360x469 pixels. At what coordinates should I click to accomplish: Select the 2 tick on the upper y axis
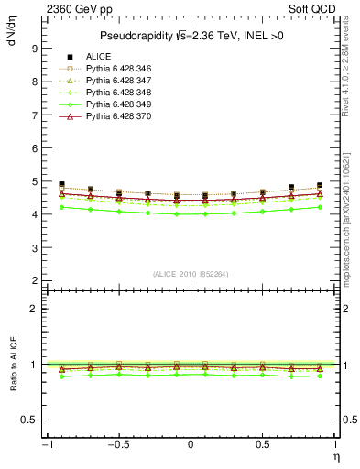coord(33,280)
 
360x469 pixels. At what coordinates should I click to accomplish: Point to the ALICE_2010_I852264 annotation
coord(191,274)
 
